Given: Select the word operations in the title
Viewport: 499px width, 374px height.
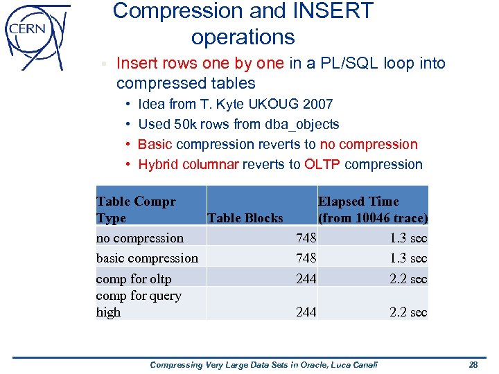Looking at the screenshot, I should pyautogui.click(x=243, y=37).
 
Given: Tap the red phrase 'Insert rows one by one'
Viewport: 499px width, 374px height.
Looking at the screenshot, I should pyautogui.click(x=200, y=64).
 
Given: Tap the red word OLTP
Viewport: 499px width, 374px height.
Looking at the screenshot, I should pyautogui.click(x=323, y=165).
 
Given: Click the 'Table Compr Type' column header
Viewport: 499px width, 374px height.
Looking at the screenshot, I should pyautogui.click(x=136, y=209).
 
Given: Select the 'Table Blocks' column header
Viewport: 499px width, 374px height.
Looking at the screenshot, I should pyautogui.click(x=245, y=218).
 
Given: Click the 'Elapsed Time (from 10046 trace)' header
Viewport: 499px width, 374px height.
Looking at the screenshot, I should pyautogui.click(x=372, y=209).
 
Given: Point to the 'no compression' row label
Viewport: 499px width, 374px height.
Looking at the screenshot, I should pyautogui.click(x=140, y=238).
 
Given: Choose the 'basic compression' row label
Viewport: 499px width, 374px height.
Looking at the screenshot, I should pyautogui.click(x=147, y=258).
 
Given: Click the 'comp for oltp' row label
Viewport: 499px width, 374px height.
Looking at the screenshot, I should pyautogui.click(x=134, y=279).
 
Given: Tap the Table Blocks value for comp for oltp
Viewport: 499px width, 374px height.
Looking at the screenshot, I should pyautogui.click(x=306, y=279).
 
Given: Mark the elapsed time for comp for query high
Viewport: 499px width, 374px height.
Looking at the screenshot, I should pyautogui.click(x=408, y=312).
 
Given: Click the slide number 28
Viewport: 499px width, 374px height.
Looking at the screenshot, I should pyautogui.click(x=473, y=364).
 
